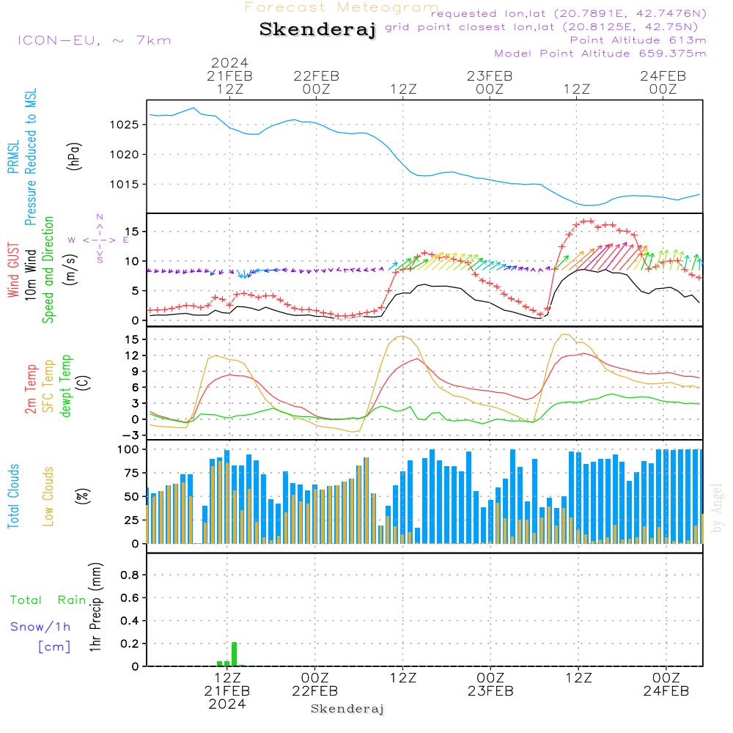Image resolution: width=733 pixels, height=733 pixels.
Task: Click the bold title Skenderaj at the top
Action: tap(317, 30)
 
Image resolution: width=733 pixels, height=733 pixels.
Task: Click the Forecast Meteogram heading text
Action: tap(342, 8)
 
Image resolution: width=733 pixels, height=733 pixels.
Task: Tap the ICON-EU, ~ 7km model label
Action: tap(94, 40)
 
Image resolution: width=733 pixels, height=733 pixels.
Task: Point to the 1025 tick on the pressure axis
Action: tap(128, 125)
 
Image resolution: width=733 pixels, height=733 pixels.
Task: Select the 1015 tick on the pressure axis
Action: tap(128, 184)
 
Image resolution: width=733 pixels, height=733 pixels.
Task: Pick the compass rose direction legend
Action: tap(99, 239)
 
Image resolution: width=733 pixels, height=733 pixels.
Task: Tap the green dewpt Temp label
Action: tap(67, 386)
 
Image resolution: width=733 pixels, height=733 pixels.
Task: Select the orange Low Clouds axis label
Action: tap(48, 496)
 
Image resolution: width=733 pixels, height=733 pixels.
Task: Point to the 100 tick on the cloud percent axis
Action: tap(129, 449)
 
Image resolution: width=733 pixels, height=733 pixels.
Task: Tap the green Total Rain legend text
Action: tap(48, 600)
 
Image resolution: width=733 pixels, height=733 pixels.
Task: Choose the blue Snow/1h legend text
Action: tap(41, 627)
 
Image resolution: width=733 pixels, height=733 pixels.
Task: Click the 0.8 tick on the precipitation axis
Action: tap(129, 575)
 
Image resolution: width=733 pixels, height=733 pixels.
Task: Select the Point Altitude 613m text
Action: tap(638, 40)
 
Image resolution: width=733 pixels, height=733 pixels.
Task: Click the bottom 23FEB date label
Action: tap(490, 690)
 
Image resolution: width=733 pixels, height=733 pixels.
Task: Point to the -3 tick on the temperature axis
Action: tap(133, 435)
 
